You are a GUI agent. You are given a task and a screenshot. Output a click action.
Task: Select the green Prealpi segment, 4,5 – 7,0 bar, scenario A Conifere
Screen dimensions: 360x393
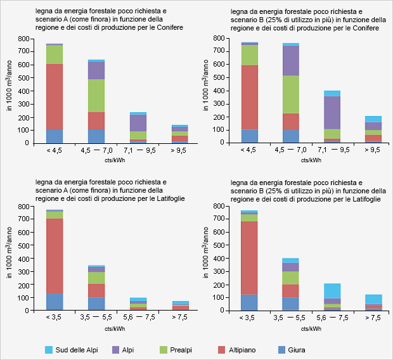[96, 96]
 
